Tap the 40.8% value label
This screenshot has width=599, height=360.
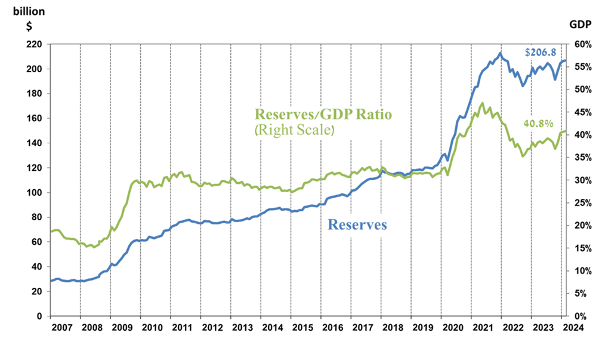pos(538,124)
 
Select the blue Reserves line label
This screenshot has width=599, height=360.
pos(357,224)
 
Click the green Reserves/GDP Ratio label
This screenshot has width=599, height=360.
pos(323,114)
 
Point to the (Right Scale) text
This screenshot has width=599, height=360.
pos(293,128)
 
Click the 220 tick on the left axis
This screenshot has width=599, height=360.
pos(33,44)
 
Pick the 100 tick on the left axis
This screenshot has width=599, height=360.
pos(33,193)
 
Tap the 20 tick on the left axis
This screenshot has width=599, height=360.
pos(36,291)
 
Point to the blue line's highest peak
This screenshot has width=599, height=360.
pos(501,53)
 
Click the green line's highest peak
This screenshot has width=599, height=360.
pos(482,103)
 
